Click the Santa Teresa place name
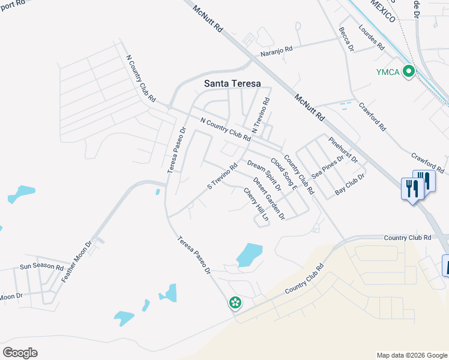pos(233,84)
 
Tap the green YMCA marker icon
pos(409,71)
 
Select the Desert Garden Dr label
pos(268,199)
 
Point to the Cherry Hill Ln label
pos(256,205)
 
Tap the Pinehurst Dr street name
pos(343,150)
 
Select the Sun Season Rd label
pos(41,266)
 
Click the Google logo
pos(20,353)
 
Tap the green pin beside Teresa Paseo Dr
pos(235,302)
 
